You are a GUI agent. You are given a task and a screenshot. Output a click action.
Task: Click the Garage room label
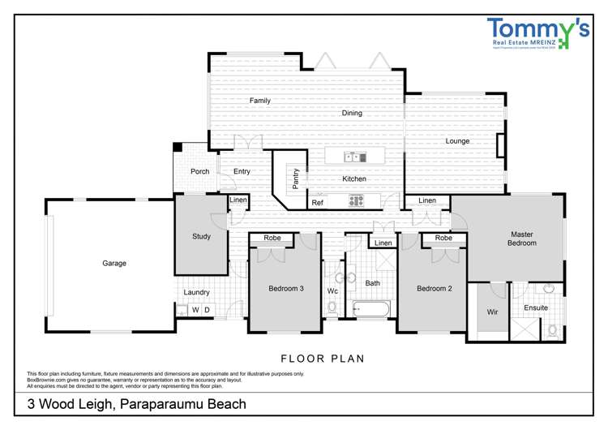(114, 263)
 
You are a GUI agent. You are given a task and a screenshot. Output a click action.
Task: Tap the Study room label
(201, 237)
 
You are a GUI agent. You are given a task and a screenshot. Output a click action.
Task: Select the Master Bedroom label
(521, 239)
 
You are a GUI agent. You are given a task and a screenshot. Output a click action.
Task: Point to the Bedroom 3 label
(286, 288)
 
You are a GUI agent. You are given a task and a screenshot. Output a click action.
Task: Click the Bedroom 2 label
(434, 288)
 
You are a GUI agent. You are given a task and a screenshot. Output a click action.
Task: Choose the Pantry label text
(296, 178)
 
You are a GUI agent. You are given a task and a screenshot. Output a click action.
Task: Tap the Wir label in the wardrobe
(491, 312)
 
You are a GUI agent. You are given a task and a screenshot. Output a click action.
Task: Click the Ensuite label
(536, 308)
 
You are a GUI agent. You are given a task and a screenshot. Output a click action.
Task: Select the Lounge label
(457, 141)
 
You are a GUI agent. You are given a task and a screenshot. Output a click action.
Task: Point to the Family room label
(259, 101)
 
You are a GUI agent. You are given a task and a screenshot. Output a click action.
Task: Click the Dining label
(351, 114)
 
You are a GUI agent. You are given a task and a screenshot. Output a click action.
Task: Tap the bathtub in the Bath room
(372, 308)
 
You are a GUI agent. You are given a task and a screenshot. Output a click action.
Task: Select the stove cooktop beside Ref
(358, 200)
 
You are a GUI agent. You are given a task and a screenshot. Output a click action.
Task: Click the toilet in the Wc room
(332, 307)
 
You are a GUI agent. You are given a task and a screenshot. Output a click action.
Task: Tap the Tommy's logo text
(537, 31)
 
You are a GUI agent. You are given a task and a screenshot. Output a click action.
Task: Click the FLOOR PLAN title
(322, 357)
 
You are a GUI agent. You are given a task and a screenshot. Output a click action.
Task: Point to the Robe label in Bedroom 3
(272, 239)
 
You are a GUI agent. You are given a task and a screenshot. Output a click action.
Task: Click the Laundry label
(196, 292)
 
